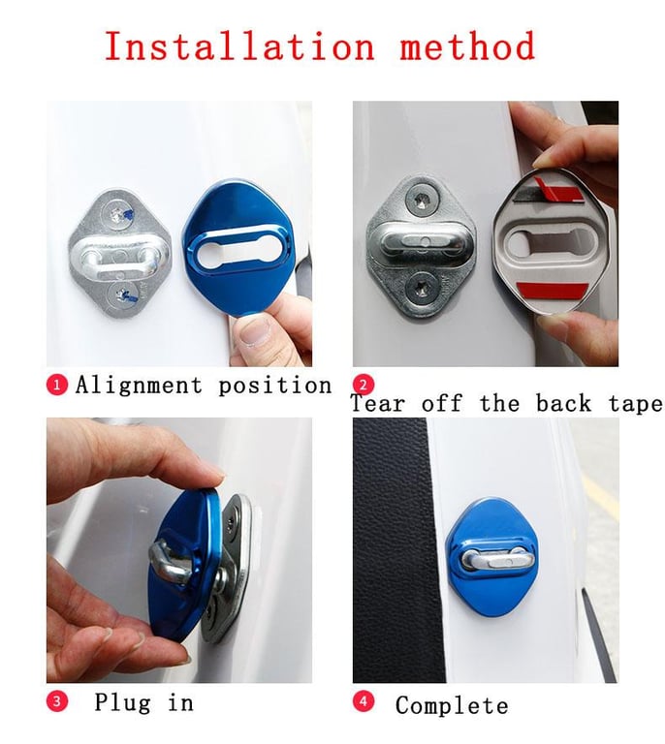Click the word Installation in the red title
(x=239, y=46)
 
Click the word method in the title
(x=467, y=46)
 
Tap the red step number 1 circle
(x=57, y=385)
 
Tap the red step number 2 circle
(x=364, y=385)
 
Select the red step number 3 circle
(x=57, y=701)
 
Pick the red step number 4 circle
(x=364, y=701)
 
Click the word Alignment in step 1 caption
(x=139, y=386)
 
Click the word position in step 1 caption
(x=275, y=386)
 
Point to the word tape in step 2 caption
(x=636, y=404)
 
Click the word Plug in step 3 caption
(x=122, y=702)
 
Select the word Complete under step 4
(x=452, y=705)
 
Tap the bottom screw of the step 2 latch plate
(x=420, y=288)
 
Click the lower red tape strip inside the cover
(x=552, y=290)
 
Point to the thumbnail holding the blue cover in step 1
(x=254, y=329)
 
